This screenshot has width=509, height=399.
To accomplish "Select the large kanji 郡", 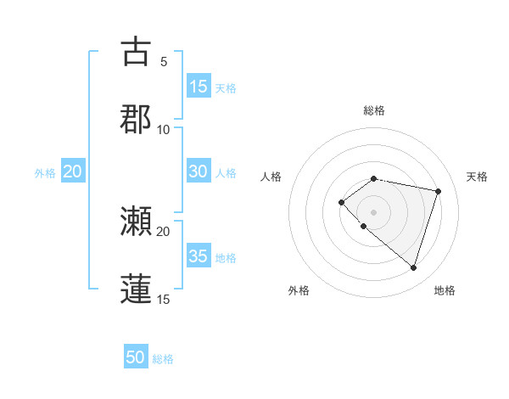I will (136, 119).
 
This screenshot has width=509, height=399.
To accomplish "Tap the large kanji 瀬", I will (136, 222).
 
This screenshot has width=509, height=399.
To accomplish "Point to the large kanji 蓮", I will (136, 289).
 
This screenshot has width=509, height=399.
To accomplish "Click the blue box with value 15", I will (198, 87).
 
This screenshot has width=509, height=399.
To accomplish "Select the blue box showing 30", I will (198, 171).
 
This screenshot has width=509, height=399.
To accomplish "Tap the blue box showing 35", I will (198, 256).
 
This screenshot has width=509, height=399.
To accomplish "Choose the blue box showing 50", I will (136, 358).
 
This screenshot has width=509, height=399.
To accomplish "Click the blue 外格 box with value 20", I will (73, 171).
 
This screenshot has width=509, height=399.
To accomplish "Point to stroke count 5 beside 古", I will (163, 61).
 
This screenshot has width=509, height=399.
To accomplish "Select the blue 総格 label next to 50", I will (163, 359).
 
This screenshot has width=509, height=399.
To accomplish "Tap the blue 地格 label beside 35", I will (226, 257).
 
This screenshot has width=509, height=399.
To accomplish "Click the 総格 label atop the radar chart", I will (373, 110).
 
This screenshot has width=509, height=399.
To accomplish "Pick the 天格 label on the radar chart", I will (477, 177).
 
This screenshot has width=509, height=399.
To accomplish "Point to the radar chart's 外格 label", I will (299, 290).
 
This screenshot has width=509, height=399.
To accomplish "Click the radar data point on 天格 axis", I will (438, 191).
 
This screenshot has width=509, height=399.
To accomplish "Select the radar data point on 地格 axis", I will (413, 267).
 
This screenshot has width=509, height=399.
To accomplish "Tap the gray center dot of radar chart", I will (373, 212).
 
